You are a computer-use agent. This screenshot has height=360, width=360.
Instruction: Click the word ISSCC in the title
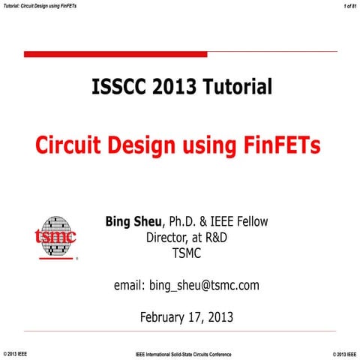coord(117,88)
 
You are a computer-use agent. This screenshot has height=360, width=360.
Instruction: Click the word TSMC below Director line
coord(187,255)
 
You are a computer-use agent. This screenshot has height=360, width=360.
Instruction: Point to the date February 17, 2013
coord(187,316)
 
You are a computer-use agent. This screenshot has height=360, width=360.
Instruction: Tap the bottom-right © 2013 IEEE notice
coord(343,353)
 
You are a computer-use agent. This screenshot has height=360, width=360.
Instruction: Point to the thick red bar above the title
coord(115,54)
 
